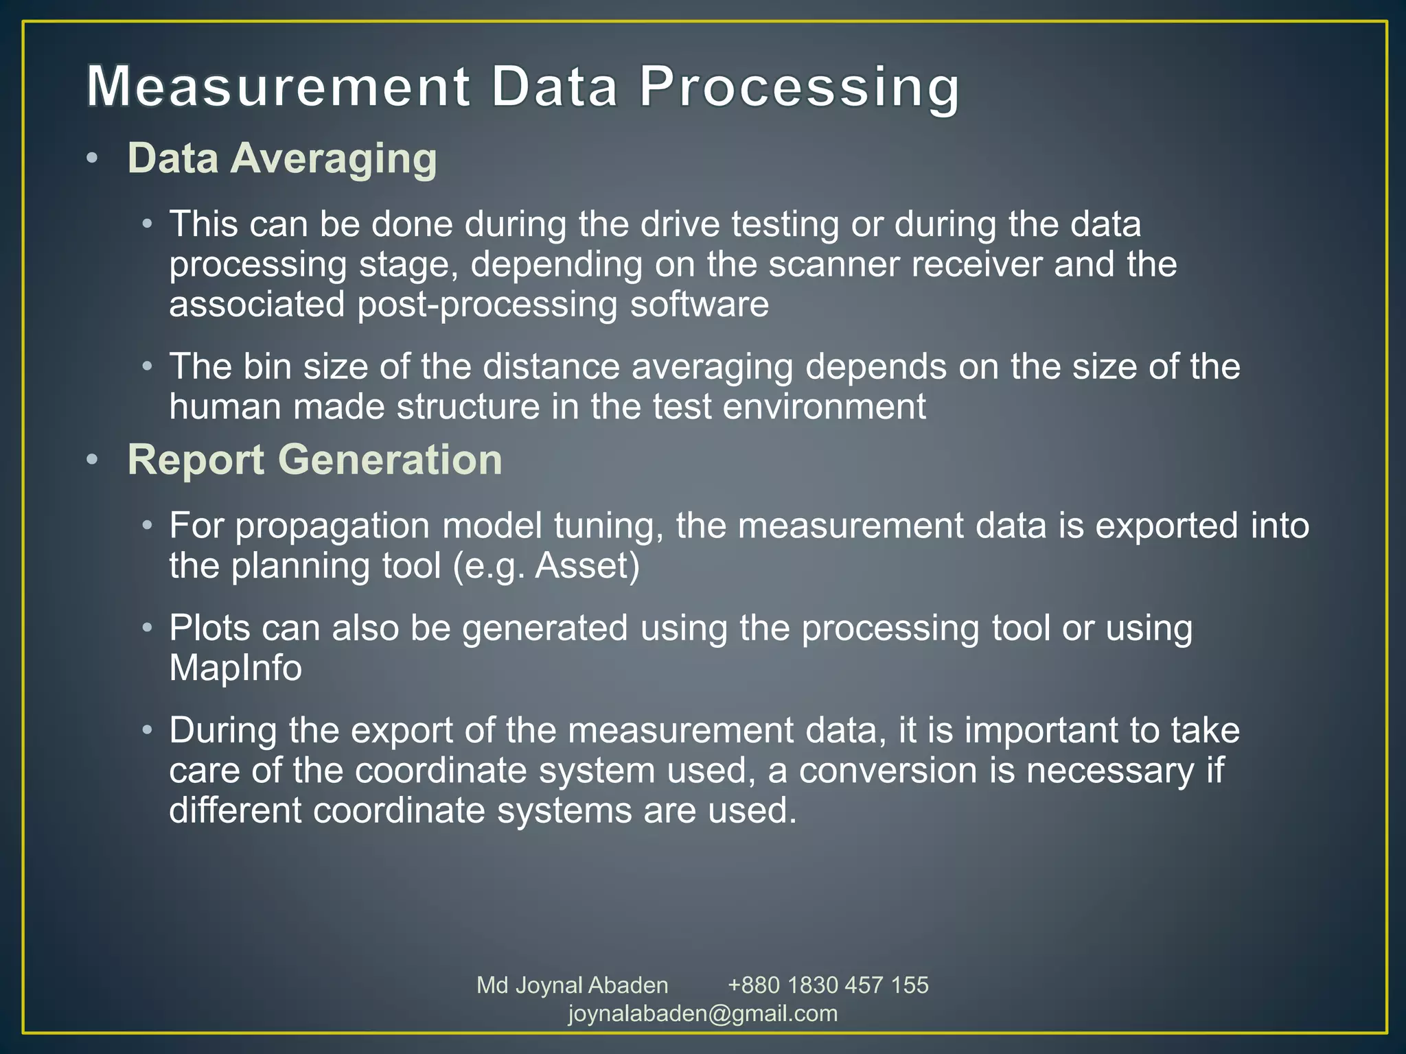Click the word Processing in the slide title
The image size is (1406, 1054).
click(799, 88)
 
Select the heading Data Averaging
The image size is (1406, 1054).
click(282, 159)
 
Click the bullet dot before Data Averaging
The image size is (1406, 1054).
click(92, 159)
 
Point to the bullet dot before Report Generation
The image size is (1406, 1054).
click(92, 460)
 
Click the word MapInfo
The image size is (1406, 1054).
click(235, 668)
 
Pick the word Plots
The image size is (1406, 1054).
click(209, 628)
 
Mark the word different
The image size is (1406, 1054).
click(235, 810)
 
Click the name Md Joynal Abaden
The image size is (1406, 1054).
click(572, 985)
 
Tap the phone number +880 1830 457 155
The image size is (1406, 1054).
click(828, 985)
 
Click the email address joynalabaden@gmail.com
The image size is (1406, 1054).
click(703, 1014)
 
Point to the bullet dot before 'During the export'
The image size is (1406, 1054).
click(146, 730)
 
